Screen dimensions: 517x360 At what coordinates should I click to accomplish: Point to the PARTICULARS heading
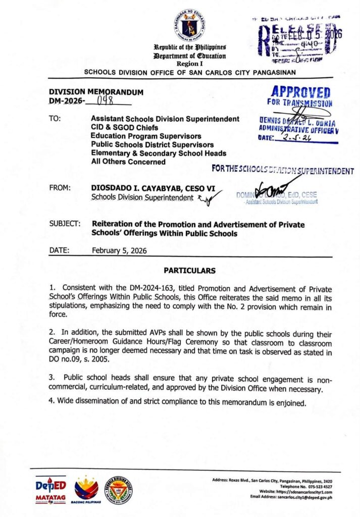(189, 271)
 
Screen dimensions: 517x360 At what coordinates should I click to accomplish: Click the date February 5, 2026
(119, 250)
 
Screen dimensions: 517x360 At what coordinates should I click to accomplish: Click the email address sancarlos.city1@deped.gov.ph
(305, 497)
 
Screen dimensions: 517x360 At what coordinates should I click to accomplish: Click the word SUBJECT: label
(65, 224)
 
